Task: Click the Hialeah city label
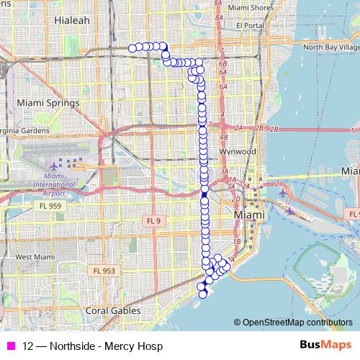tap(73, 21)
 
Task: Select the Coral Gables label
tap(110, 311)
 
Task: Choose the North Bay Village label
tap(330, 47)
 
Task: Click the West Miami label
tap(35, 257)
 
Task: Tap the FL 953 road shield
tap(105, 271)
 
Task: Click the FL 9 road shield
tap(151, 220)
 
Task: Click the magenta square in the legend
tap(10, 346)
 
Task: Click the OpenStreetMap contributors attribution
tap(297, 323)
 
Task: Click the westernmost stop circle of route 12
tap(132, 48)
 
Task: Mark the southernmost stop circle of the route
tap(202, 294)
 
